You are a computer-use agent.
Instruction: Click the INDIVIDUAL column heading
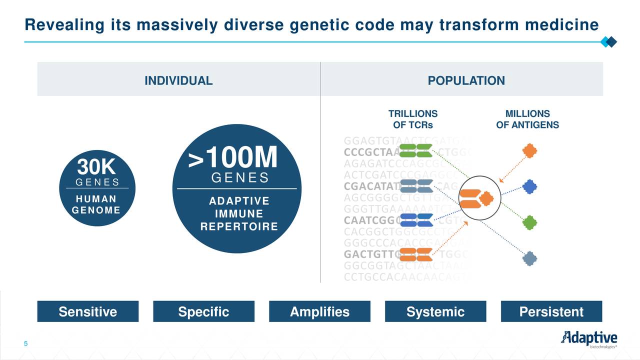(x=178, y=81)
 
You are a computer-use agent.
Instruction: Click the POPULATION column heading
(x=466, y=81)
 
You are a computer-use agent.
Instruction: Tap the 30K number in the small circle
(x=96, y=167)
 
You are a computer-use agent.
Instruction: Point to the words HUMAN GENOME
(x=96, y=204)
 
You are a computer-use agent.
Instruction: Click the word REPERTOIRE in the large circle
(x=239, y=226)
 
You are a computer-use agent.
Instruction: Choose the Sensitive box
(x=88, y=312)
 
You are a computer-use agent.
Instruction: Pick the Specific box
(x=203, y=312)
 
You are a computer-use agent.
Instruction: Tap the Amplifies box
(x=319, y=312)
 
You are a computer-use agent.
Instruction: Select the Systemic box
(x=435, y=312)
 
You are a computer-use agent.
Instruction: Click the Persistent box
(x=551, y=312)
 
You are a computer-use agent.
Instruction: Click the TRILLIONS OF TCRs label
(x=413, y=119)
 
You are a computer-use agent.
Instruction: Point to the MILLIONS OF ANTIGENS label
(x=527, y=119)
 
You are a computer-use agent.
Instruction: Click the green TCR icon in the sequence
(x=416, y=150)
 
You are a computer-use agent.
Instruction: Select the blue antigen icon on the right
(x=529, y=187)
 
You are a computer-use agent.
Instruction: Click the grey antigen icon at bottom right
(x=529, y=258)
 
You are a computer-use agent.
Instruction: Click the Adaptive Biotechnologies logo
(x=588, y=339)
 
